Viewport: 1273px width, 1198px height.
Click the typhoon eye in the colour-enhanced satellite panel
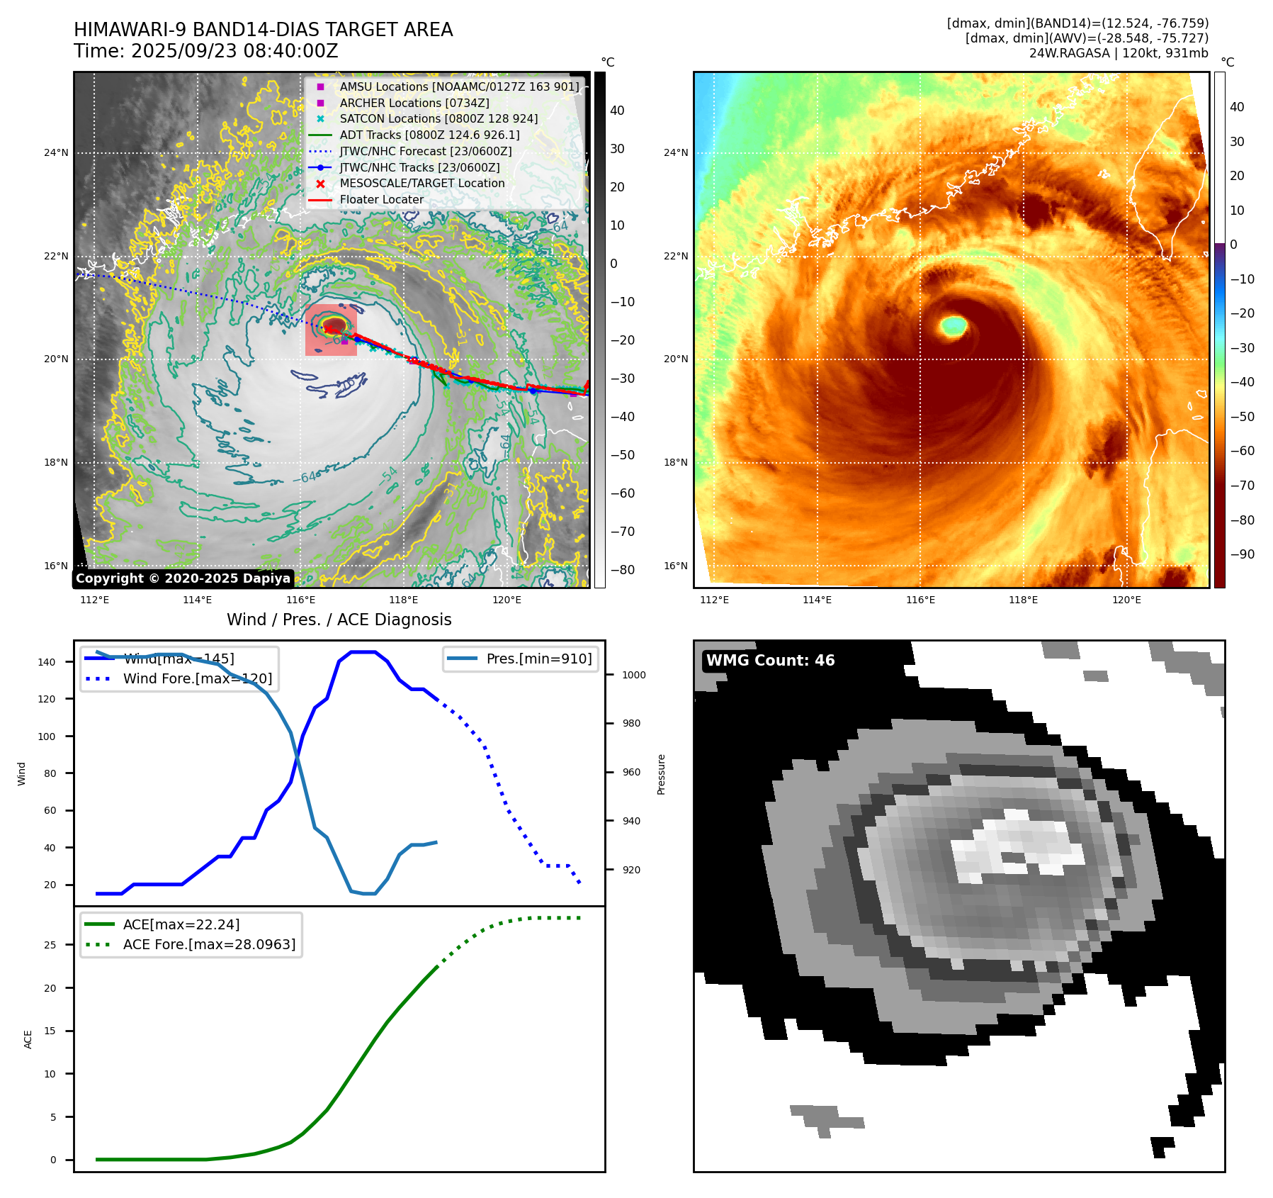(x=954, y=326)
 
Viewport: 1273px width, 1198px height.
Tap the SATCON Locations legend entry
(x=438, y=119)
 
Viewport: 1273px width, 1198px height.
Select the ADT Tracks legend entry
(x=429, y=135)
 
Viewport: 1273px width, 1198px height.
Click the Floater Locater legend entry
(x=381, y=199)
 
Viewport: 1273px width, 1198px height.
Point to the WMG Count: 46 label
(x=770, y=661)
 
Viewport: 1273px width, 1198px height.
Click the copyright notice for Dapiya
(x=183, y=578)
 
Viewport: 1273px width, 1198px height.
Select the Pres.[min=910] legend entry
(x=538, y=659)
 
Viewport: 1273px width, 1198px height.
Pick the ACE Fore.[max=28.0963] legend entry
(x=209, y=944)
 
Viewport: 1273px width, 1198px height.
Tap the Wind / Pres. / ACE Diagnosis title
(x=339, y=620)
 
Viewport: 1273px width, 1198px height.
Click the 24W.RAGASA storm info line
(x=1119, y=53)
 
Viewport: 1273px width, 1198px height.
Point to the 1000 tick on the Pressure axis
(x=634, y=675)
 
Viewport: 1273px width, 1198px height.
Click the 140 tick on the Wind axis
(x=47, y=662)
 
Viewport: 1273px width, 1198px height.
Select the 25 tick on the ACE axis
(x=50, y=945)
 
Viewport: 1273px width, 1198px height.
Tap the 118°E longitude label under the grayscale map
(x=403, y=600)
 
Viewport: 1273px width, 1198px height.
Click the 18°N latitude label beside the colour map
(x=675, y=462)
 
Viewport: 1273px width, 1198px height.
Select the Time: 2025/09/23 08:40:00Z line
(x=205, y=52)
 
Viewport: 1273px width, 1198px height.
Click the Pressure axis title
(x=661, y=774)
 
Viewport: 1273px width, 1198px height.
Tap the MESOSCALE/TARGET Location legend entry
(x=421, y=183)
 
